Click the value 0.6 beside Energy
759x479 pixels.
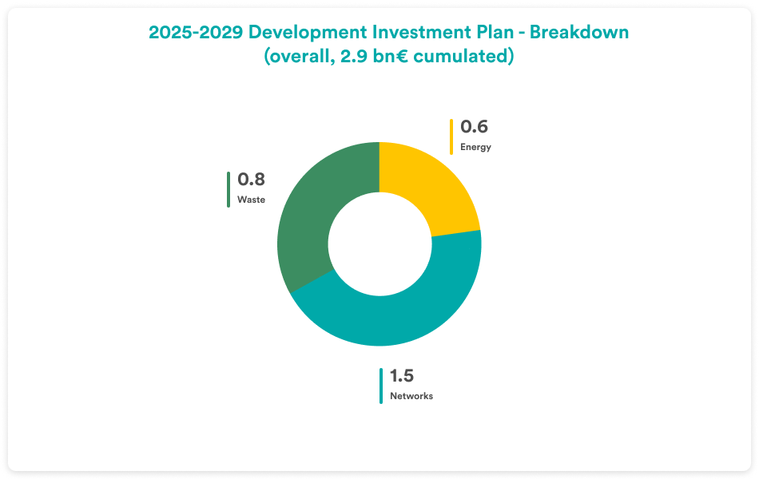click(474, 127)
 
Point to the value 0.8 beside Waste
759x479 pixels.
click(251, 180)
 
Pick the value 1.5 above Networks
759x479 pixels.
click(402, 376)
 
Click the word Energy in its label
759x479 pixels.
click(475, 147)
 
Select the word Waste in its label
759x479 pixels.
click(251, 200)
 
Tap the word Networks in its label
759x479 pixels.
click(411, 396)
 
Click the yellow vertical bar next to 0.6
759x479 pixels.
click(451, 136)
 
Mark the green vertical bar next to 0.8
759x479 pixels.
click(228, 189)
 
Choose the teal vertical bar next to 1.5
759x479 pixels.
click(380, 386)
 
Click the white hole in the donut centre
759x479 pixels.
click(379, 243)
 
